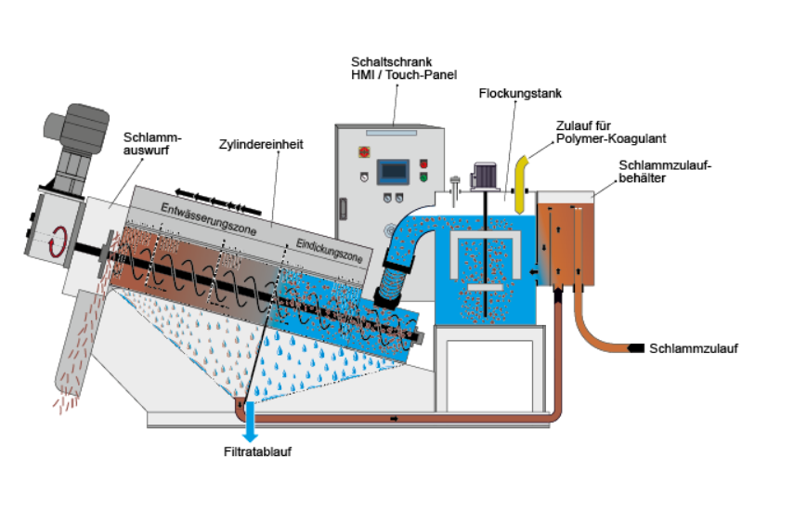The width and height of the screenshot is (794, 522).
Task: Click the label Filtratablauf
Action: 257,451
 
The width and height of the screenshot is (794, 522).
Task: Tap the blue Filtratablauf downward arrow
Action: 250,423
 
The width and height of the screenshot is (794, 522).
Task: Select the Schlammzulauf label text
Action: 693,348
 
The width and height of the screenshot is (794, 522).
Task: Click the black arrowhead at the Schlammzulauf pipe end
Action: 635,348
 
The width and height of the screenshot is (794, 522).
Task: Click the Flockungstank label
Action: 520,94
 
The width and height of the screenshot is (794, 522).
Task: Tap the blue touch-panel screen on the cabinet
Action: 393,172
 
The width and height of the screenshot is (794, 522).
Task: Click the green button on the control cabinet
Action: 423,177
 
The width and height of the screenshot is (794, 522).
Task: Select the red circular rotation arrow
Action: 58,241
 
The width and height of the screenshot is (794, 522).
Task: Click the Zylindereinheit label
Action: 261,144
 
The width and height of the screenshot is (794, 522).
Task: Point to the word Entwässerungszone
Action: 209,219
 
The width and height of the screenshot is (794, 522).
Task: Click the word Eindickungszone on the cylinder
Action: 329,251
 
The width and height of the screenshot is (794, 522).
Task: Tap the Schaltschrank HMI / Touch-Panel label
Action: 404,69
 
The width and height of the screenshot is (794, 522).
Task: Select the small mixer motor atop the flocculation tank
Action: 485,176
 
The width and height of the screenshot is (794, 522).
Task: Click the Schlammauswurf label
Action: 152,144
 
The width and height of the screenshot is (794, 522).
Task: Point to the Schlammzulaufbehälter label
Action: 665,172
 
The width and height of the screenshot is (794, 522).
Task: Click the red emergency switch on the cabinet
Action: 364,151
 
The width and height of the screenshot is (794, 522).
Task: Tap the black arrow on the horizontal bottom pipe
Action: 394,419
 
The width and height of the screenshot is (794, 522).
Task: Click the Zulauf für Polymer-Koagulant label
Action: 611,132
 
